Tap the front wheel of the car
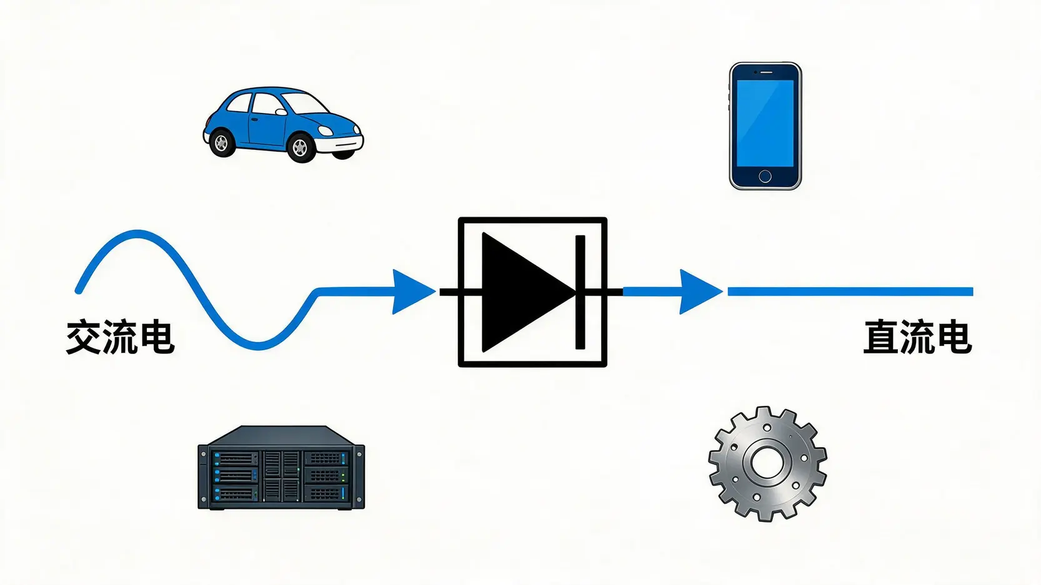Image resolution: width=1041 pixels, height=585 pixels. pos(300,147)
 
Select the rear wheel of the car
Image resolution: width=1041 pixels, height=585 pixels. pos(222,143)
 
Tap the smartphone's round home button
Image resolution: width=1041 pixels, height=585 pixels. pos(765,177)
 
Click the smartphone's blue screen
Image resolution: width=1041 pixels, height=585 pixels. pos(765,123)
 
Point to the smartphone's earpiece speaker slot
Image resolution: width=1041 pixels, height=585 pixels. pos(765,72)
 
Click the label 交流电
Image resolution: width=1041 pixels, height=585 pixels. pos(120,337)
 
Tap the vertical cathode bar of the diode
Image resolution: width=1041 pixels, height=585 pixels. pos(580,292)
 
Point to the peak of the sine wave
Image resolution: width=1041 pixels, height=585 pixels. pos(137,234)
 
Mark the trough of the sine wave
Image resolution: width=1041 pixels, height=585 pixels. pos(259,345)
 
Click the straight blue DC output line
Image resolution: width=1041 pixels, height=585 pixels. pos(850,292)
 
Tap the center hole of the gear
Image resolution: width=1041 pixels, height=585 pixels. pos(767,463)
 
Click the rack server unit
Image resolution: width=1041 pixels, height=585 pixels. pos(281,468)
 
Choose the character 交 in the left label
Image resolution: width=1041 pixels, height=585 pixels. pos(84,337)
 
